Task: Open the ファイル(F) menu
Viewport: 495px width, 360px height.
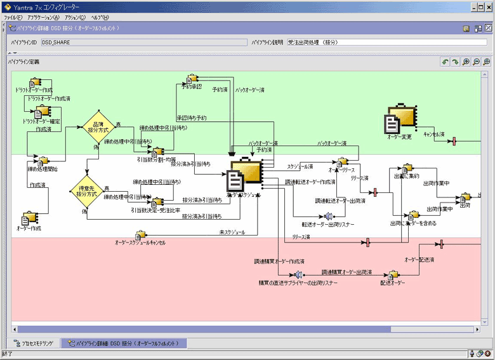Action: pos(13,17)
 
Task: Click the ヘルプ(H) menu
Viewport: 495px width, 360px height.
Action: pos(100,17)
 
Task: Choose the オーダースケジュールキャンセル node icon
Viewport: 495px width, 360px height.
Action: pos(140,235)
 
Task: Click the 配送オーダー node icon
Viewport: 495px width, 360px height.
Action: pos(393,274)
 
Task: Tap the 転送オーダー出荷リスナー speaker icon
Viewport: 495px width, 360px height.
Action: pos(328,217)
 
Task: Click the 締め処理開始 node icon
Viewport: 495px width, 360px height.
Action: pos(43,161)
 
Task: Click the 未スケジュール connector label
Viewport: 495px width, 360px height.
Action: pos(232,233)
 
